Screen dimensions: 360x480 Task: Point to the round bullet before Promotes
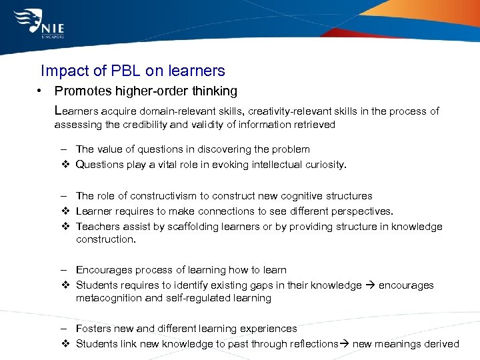coord(41,91)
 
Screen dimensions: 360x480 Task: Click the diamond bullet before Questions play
coord(65,165)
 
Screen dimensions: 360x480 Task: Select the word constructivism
coord(160,196)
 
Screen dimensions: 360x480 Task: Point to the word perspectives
coord(361,211)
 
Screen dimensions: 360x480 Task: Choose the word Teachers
coord(97,227)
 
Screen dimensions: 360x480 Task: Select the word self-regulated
coord(194,298)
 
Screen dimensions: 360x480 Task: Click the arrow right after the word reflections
coord(345,344)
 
